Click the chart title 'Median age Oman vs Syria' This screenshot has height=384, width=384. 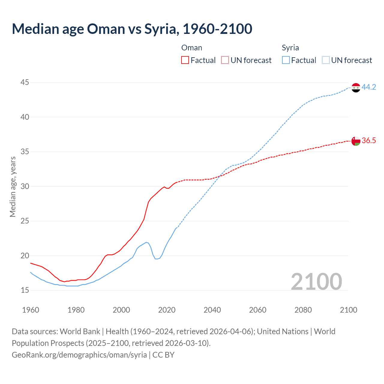coord(132,29)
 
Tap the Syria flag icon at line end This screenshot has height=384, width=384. coord(355,88)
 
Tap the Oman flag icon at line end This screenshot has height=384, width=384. coord(355,141)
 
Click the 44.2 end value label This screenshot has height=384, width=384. coord(369,87)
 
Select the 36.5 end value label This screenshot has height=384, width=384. coord(369,141)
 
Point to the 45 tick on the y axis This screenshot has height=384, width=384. coord(25,82)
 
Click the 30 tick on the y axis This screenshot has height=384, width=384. coord(25,186)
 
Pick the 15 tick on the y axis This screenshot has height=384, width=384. coord(25,290)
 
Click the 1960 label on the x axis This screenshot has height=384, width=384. coord(31,310)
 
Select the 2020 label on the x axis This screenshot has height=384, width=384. coord(167,310)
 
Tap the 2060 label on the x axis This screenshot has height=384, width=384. coord(258,310)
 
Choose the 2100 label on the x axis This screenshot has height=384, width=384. coord(348,310)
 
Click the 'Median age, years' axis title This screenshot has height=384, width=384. coord(13,187)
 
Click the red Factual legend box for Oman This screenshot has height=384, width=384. coord(185,60)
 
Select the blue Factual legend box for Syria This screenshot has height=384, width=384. coord(286,60)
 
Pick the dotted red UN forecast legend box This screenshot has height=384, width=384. coord(225,60)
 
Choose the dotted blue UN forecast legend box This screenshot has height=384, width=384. coord(325,60)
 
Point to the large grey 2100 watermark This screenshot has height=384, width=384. coord(316,281)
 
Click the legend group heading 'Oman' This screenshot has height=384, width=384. coord(192,48)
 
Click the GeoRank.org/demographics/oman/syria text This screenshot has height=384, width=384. coord(79,355)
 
